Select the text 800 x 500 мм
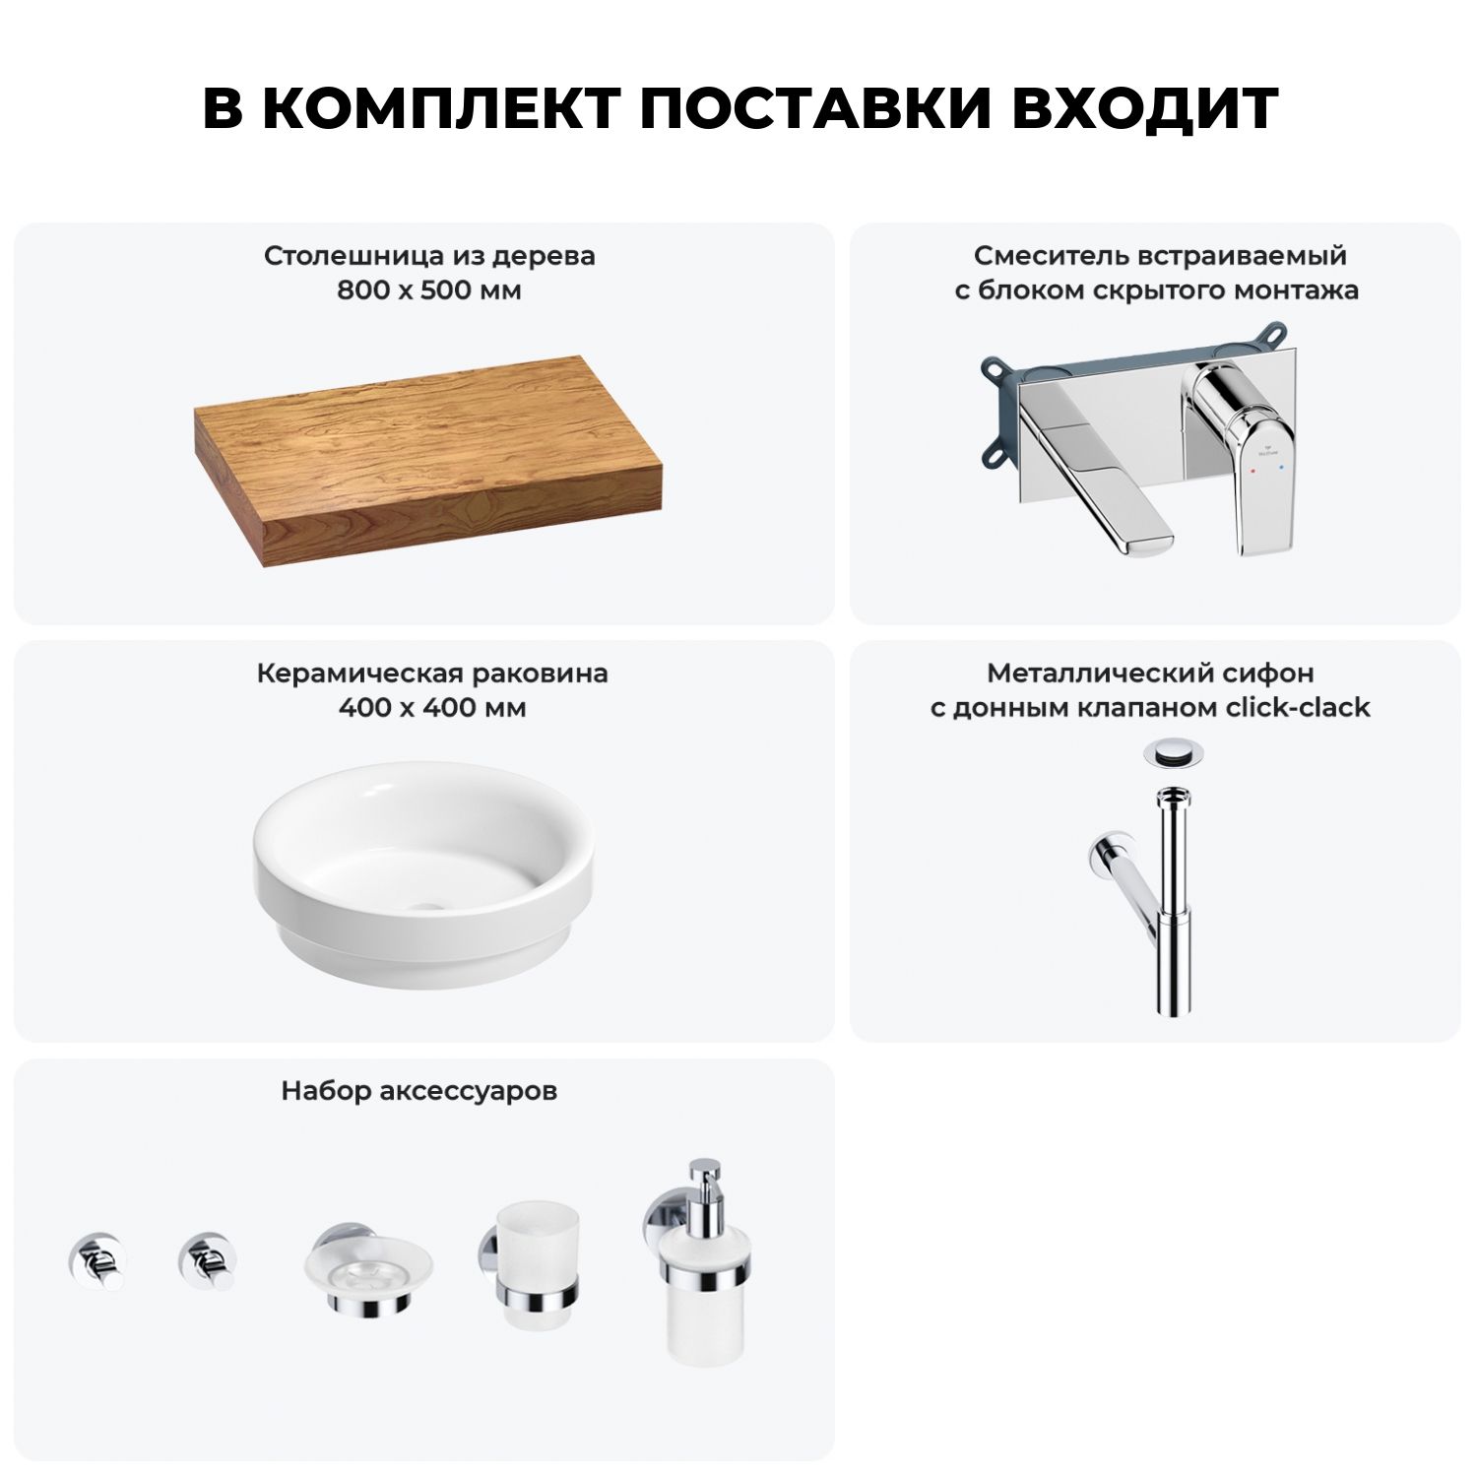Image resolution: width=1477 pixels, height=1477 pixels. tap(429, 290)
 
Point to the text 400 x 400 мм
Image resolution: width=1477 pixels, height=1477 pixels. tap(431, 708)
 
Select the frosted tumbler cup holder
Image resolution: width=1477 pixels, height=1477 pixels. tap(530, 1270)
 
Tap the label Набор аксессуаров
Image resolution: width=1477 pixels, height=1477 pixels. tap(419, 1091)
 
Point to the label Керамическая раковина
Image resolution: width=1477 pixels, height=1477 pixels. tap(432, 674)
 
